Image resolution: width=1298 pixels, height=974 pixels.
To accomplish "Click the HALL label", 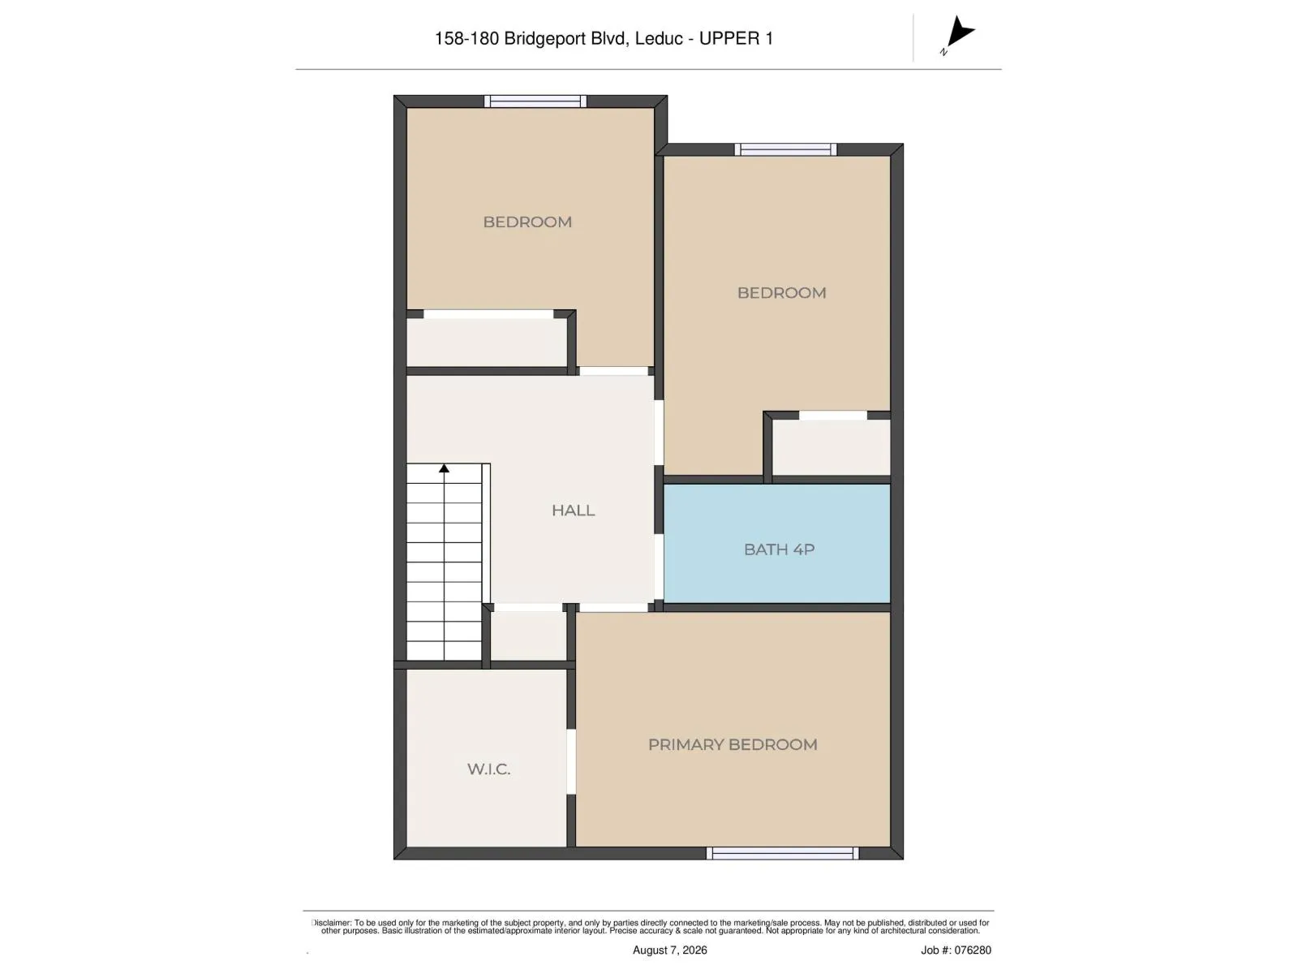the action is pos(573,511).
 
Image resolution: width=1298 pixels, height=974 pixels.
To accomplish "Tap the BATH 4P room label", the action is pos(779,549).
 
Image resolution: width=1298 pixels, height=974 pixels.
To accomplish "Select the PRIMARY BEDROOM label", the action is pos(732,744).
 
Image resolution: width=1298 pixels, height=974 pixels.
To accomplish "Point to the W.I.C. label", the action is pos(488,769).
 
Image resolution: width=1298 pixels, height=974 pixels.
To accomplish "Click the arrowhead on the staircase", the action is pos(444,468).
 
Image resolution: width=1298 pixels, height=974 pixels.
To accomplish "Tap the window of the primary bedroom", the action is pos(782,853).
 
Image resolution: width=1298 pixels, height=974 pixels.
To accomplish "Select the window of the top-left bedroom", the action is pos(535,101).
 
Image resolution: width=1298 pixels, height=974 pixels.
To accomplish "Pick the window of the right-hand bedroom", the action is pos(785,149).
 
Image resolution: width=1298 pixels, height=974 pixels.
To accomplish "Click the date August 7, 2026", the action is pos(669,950).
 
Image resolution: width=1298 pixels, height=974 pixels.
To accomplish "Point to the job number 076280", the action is pos(972,950).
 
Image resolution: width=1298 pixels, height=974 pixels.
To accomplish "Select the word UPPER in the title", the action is pos(729,38).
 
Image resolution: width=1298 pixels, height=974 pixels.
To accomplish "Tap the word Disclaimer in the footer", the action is pos(331,923).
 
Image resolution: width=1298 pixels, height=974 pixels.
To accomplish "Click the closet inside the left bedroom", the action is pos(487,343).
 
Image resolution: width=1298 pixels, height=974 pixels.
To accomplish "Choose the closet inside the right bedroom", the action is pos(831,447).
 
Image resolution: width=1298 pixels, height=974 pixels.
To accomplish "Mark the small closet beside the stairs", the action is pos(528,636).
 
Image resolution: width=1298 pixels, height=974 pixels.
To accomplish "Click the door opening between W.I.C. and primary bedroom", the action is pos(571,761).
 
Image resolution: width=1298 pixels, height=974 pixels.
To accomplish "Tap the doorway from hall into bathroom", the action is pos(659,568).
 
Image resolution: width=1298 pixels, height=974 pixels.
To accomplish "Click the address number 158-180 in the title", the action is pos(467,38).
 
